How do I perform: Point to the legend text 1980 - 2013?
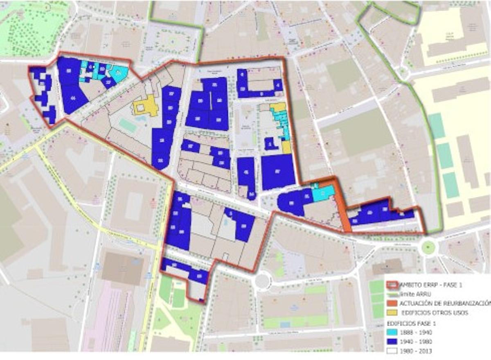tap(417, 351)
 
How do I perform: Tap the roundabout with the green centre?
tap(428, 247)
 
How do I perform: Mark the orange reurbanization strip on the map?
tap(342, 209)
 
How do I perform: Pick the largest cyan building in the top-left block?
tap(118, 74)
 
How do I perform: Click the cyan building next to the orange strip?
tap(323, 193)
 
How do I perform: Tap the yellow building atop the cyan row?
tap(278, 107)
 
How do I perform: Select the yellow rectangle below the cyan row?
tap(286, 147)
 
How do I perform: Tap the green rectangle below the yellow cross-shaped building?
tap(128, 125)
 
